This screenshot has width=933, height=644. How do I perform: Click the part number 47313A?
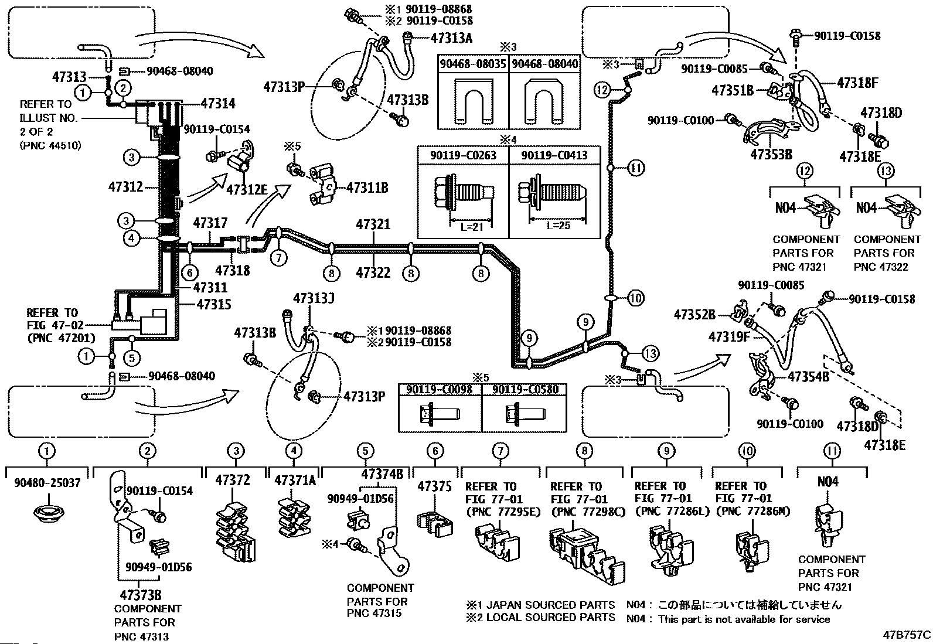[451, 38]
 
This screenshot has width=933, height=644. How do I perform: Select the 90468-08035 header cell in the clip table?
[473, 64]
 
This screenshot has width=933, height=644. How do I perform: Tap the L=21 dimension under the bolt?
[472, 227]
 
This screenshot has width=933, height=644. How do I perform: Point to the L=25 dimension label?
[558, 226]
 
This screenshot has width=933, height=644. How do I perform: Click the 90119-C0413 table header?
[554, 155]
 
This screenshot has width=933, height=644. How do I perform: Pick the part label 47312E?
[247, 189]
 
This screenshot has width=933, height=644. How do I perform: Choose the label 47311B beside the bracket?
[367, 188]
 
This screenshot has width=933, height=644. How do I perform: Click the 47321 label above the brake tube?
[373, 224]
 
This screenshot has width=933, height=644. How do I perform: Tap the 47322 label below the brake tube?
[373, 273]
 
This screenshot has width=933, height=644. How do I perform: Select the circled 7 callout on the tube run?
[278, 257]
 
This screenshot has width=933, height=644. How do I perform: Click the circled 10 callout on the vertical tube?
[636, 298]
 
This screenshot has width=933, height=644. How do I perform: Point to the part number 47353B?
[771, 155]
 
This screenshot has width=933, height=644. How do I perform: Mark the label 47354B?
[808, 377]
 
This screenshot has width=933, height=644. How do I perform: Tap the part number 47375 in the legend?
[434, 486]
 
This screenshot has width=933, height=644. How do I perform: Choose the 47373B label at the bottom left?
[141, 595]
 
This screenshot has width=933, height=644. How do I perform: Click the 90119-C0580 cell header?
[525, 390]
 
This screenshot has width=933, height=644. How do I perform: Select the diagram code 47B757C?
[907, 635]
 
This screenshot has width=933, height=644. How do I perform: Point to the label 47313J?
[314, 298]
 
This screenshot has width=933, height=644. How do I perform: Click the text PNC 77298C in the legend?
[588, 512]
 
